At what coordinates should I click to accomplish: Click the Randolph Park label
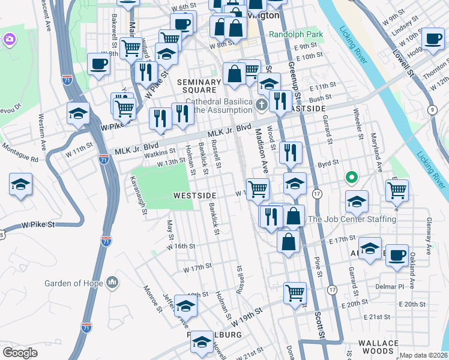coord(295,35)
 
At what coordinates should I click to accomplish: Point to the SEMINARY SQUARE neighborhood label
coord(199,86)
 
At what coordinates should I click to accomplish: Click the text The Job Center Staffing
coord(352,220)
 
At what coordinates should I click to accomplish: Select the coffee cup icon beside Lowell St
coord(432,39)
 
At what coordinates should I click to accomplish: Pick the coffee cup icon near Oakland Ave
coord(396,254)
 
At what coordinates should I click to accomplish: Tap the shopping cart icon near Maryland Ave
coord(397,190)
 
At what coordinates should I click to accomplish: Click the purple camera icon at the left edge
coord(8,40)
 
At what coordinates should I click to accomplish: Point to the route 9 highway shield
coord(432,109)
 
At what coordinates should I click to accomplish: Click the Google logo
coord(20,352)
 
